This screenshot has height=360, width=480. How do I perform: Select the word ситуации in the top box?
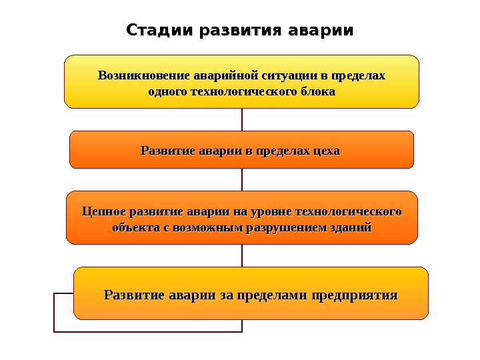[287, 75]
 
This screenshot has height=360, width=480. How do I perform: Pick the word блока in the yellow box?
[317, 91]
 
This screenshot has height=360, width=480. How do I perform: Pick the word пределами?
[271, 295]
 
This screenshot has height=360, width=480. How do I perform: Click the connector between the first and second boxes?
[242, 119]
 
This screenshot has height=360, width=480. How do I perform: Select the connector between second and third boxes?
[242, 179]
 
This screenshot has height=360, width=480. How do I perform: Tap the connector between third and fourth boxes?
[242, 255]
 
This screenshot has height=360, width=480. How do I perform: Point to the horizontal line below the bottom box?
[147, 331]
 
